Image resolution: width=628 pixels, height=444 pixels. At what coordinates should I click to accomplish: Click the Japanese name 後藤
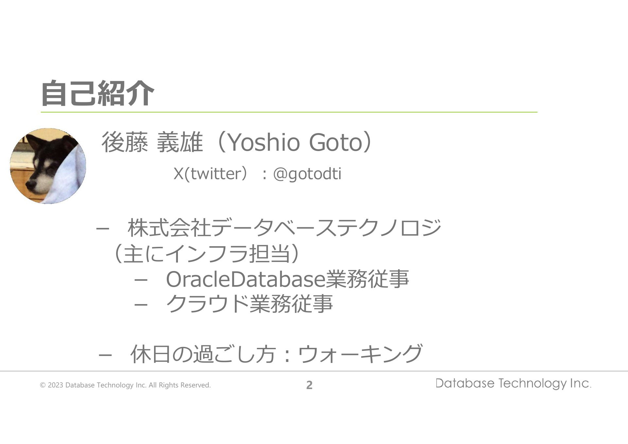coord(125,143)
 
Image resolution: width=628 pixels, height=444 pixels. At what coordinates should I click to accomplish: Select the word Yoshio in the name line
coord(263,143)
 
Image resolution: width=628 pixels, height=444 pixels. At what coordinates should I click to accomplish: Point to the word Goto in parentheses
coord(336,143)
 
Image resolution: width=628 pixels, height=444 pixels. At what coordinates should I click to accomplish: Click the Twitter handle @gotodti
coord(307,174)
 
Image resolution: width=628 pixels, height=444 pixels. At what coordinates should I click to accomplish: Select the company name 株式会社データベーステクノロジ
coord(284,228)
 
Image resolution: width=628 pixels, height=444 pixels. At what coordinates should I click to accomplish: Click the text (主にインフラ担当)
coord(206,254)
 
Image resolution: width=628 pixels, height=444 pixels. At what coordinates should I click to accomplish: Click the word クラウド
coord(208,304)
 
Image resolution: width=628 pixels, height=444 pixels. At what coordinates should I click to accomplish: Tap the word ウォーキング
coord(360,353)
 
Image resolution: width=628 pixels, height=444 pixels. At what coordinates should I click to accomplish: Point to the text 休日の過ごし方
coord(203,354)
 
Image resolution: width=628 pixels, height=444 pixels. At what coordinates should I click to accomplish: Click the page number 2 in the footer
coord(309,385)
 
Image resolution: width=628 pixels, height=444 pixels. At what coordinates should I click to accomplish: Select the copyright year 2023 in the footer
coord(55,385)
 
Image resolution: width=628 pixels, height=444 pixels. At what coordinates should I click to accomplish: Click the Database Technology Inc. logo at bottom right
coord(513,383)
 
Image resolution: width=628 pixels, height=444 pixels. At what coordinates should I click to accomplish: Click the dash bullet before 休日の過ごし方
coord(105,355)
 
